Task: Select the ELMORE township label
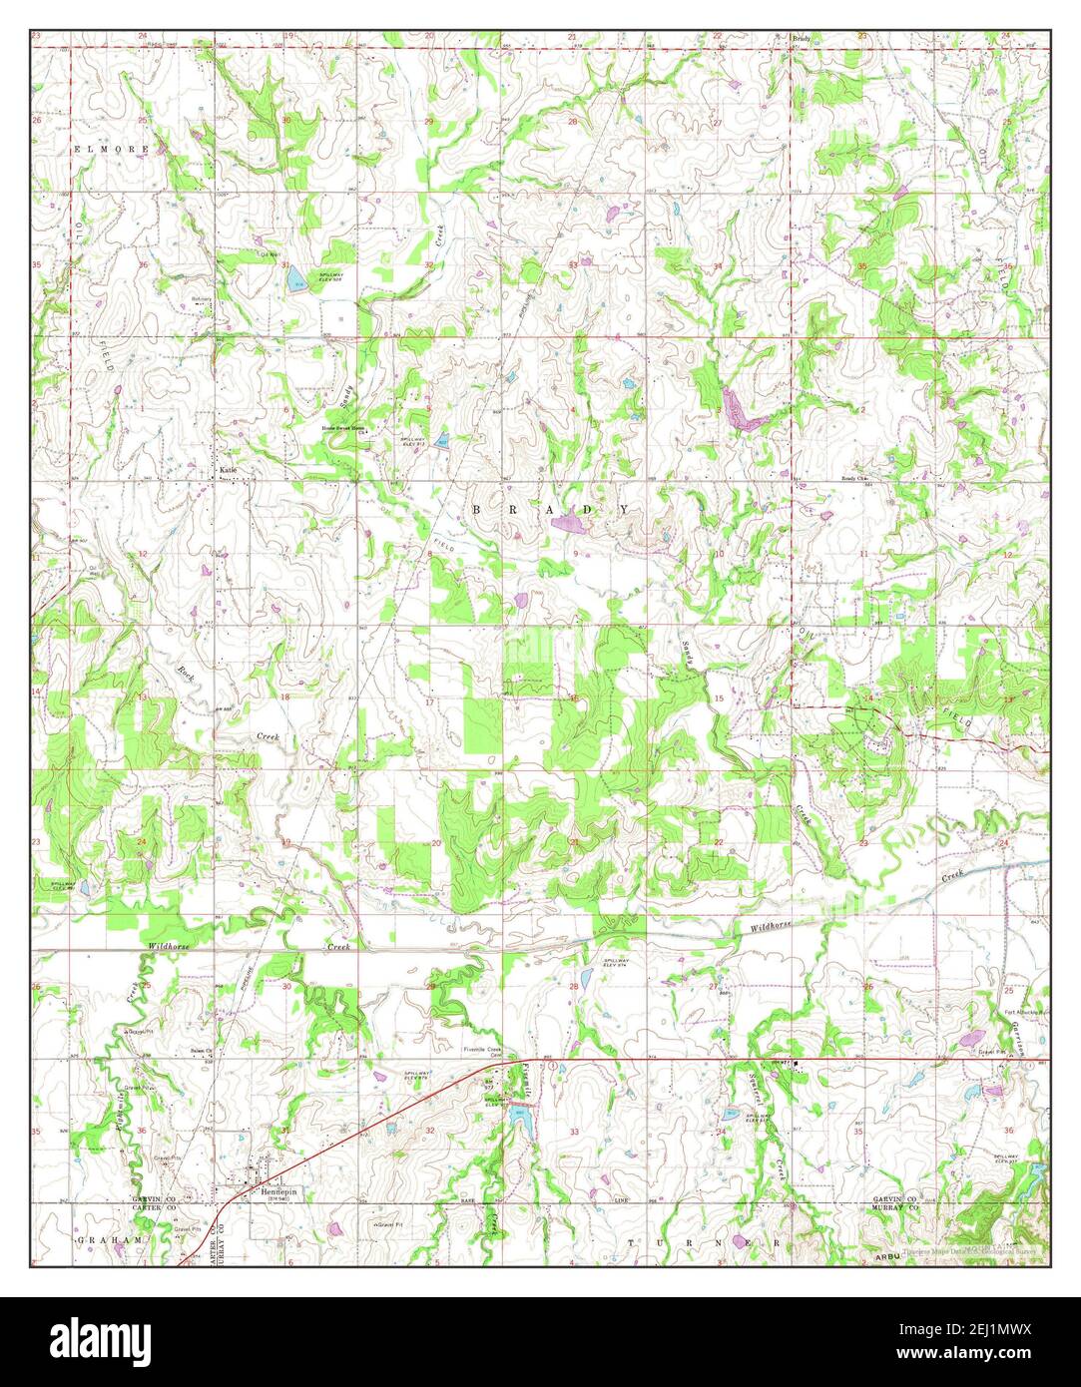[111, 149]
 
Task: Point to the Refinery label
[202, 298]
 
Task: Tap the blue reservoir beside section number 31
[296, 282]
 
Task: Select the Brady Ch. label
[854, 478]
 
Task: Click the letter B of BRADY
[476, 509]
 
